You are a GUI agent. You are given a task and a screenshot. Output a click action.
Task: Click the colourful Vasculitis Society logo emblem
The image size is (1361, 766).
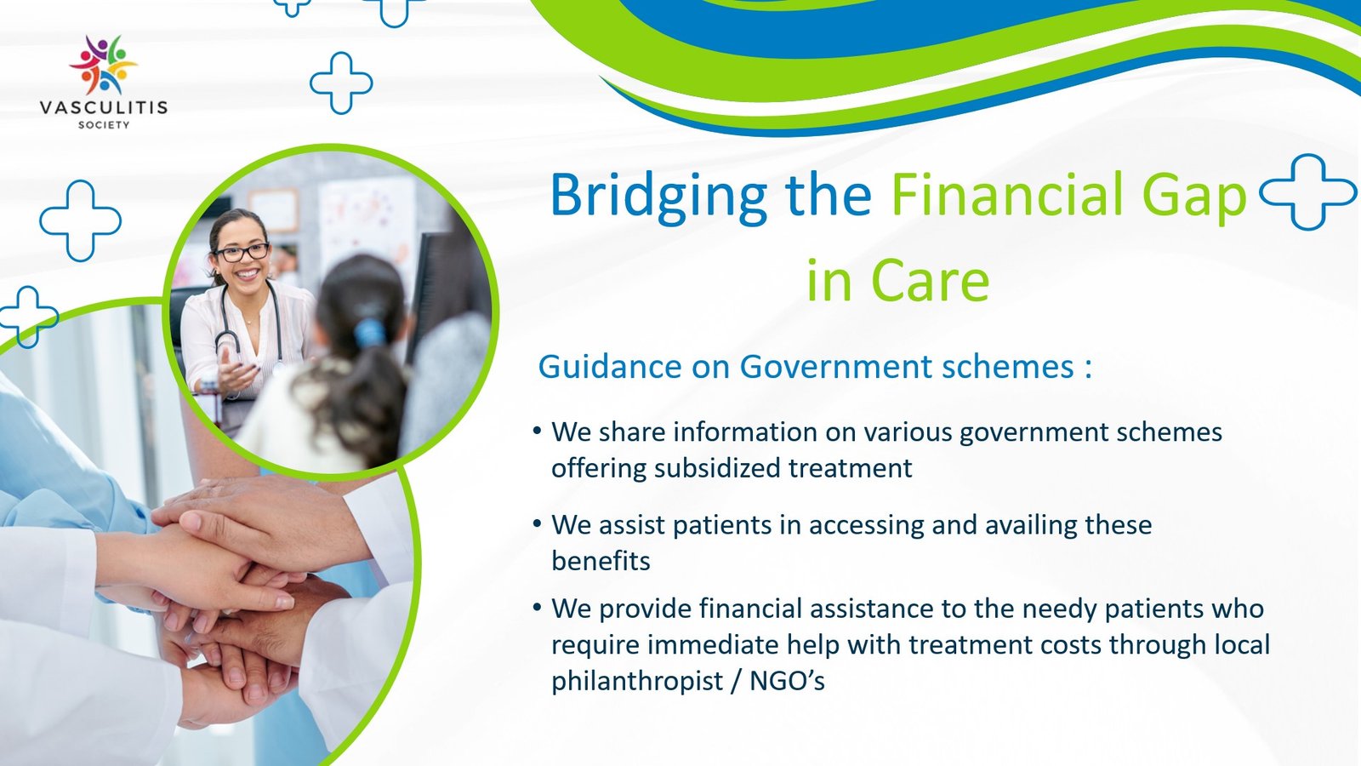103,65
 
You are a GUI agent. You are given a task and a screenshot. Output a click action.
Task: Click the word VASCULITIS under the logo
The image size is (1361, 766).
103,107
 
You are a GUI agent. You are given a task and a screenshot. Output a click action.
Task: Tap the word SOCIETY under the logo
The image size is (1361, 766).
104,125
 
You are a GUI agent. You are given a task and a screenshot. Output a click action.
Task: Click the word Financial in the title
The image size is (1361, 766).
1009,195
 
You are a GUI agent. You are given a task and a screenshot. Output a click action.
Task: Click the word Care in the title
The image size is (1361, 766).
930,281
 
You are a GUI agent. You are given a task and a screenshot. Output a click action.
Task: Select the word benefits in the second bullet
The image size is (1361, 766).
601,561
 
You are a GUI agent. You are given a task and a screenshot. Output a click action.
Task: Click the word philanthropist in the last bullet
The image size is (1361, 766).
637,681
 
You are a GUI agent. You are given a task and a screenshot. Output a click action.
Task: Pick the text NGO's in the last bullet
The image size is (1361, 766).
788,681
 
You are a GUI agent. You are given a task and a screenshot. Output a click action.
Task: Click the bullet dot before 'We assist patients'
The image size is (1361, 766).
537,523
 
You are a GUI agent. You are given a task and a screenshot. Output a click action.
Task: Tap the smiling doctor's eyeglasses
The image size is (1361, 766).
242,252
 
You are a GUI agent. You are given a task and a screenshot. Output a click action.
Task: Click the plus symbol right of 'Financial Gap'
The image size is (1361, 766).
1307,192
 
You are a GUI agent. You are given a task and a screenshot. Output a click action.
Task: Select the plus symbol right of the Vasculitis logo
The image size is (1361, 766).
341,83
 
